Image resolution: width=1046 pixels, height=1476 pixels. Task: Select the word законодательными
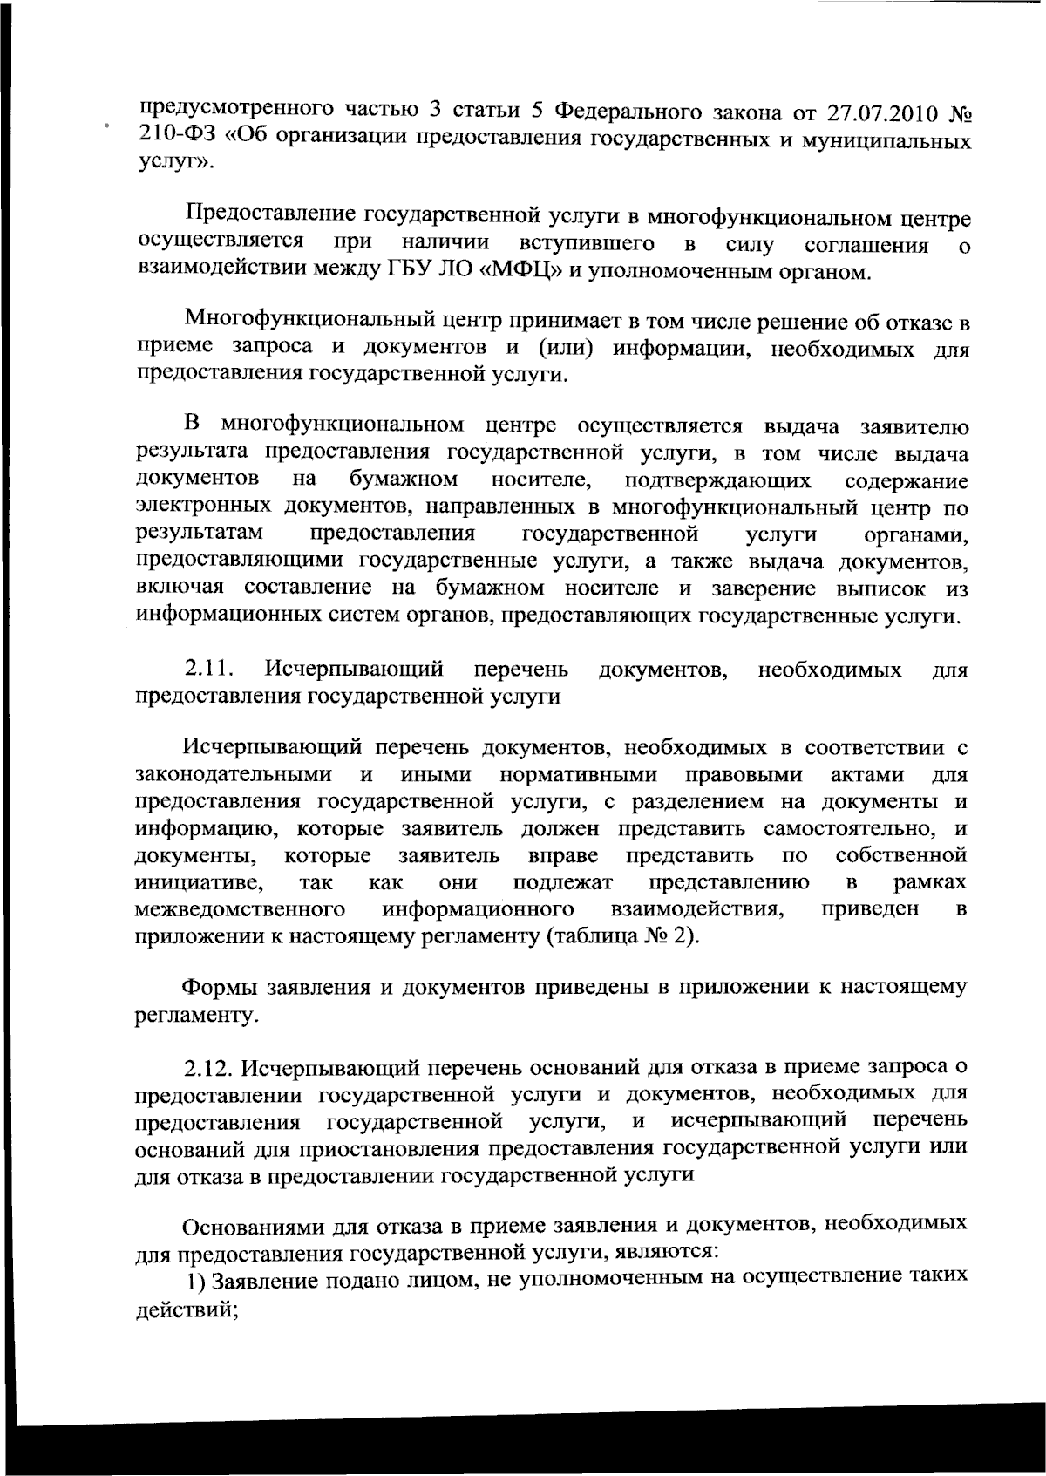pyautogui.click(x=234, y=775)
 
